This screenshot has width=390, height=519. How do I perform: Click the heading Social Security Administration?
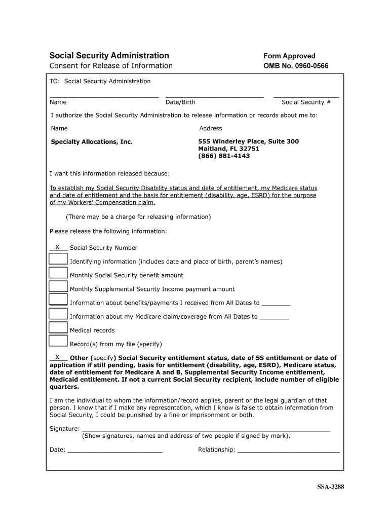tap(109, 56)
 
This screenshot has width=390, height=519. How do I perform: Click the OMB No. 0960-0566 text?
tap(296, 66)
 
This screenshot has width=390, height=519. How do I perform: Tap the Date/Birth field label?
tap(180, 102)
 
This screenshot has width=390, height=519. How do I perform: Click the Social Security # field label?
tap(306, 102)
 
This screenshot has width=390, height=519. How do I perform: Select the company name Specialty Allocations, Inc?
tap(92, 142)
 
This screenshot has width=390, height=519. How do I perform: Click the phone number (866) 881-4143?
tap(224, 156)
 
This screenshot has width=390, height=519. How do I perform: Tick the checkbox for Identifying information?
tap(58, 259)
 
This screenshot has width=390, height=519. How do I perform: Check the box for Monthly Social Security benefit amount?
tap(58, 273)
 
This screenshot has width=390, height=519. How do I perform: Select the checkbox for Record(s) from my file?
tap(58, 341)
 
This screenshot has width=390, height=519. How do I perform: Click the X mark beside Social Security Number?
tap(58, 247)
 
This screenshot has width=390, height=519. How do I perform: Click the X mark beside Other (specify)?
tap(58, 357)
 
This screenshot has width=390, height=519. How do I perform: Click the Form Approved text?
tap(289, 56)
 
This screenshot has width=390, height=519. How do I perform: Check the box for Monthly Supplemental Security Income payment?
tap(58, 286)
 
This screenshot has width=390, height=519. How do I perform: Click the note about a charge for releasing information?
tap(138, 217)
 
